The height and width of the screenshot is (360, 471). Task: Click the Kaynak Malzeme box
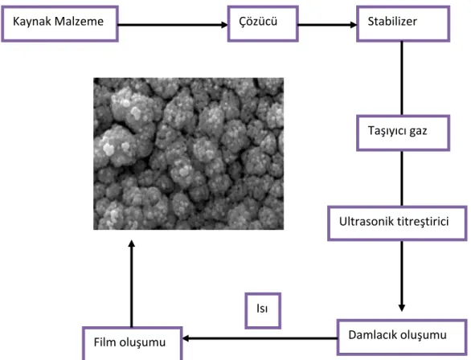tap(59, 24)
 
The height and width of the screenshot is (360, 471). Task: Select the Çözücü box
tap(263, 24)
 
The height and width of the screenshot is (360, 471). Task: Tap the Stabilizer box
tap(403, 24)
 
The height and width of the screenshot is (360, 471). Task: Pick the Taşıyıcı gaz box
tap(403, 133)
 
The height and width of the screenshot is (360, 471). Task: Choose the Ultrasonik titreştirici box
tap(397, 223)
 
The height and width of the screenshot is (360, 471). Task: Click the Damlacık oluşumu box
tap(402, 337)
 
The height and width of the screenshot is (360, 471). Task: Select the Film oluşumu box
tap(133, 343)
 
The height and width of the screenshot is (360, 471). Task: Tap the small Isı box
tap(263, 311)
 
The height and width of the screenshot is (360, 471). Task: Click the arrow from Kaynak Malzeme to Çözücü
tap(173, 25)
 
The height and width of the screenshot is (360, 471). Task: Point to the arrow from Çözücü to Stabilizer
tap(327, 25)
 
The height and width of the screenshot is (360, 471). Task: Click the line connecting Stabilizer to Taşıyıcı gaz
tap(402, 78)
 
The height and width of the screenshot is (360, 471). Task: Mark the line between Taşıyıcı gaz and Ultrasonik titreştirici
tap(402, 178)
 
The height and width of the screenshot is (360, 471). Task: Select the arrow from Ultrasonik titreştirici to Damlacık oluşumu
tap(402, 276)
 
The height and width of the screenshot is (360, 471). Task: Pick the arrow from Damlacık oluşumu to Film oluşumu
tap(260, 338)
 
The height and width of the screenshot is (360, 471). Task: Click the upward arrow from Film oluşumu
tap(131, 284)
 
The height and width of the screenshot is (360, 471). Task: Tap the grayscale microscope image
tap(188, 153)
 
